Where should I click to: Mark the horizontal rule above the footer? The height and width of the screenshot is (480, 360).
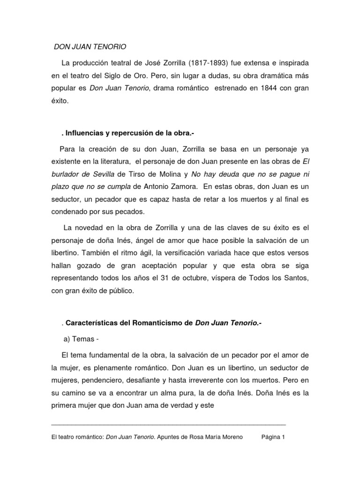point(169,423)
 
